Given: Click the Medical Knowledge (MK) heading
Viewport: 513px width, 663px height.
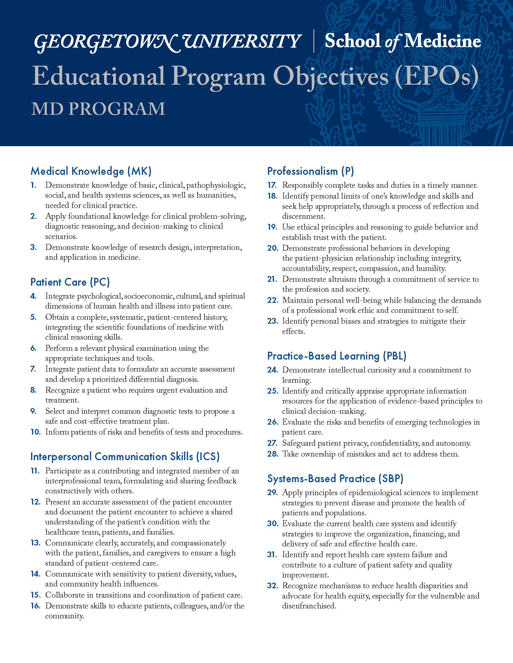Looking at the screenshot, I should point(91,171).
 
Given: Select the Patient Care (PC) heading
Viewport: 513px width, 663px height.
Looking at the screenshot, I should point(70,282).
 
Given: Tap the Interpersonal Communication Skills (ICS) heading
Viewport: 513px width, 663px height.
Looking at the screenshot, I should point(125,457).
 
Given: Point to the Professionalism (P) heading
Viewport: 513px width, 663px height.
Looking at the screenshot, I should point(311,171).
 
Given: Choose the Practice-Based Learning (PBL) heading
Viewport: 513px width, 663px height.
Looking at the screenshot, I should point(337,356).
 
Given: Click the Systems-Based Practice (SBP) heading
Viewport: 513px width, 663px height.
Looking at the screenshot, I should point(335,479).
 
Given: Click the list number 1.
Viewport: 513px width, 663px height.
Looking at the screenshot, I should point(33,185).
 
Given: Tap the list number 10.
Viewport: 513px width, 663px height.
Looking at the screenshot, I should point(36,432).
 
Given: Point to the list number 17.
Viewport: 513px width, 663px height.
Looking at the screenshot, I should point(272,185).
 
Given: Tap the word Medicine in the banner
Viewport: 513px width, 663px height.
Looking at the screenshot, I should point(443,42).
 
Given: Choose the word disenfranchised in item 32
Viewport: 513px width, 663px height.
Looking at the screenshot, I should point(308,606).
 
